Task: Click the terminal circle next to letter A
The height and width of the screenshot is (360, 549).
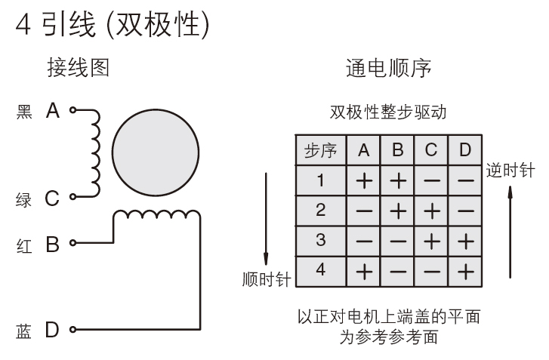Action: click(72, 110)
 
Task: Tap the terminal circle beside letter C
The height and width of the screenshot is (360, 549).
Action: click(72, 197)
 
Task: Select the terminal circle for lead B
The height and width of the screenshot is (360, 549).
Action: click(72, 242)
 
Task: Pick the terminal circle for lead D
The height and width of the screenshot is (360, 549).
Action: click(72, 329)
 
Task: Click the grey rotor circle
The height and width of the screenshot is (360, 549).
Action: click(156, 152)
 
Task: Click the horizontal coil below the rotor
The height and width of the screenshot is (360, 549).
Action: click(157, 215)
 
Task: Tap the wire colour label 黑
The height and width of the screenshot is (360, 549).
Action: click(24, 112)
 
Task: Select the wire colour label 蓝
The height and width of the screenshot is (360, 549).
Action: click(24, 331)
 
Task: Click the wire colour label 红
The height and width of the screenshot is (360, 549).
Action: click(24, 246)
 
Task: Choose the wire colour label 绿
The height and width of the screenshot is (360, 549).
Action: click(24, 200)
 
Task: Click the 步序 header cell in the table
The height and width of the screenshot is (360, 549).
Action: click(321, 150)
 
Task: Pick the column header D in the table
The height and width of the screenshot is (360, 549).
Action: click(465, 150)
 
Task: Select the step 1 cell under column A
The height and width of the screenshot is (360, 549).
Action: click(364, 180)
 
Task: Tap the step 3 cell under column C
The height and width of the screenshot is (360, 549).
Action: click(431, 242)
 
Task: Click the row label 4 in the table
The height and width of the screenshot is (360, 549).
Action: click(321, 270)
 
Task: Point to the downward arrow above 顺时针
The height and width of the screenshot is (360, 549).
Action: click(266, 219)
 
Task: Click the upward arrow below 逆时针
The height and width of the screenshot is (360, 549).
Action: click(510, 232)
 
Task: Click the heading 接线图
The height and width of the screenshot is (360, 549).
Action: click(79, 67)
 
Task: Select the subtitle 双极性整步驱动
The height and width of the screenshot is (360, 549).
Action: click(388, 112)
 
